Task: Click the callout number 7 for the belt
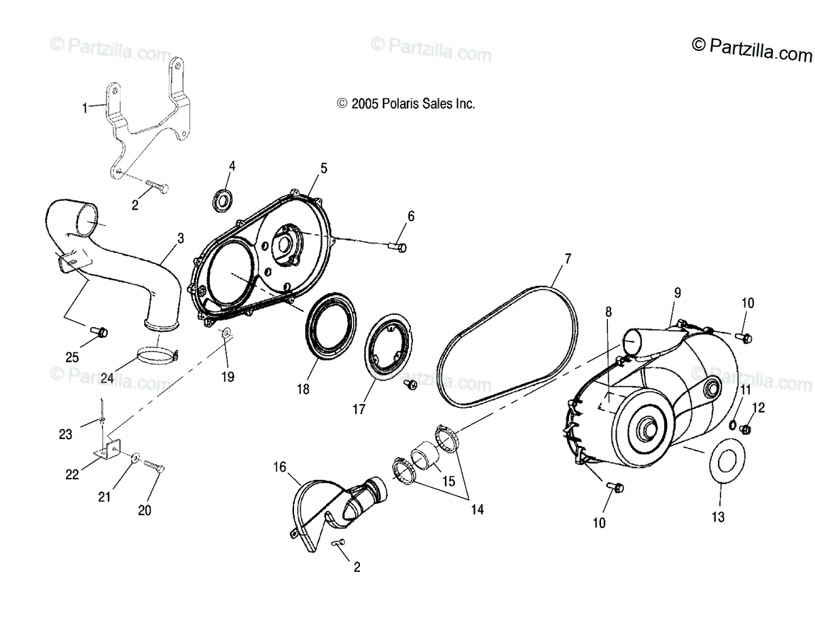pyautogui.click(x=567, y=259)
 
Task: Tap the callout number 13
pyautogui.click(x=718, y=517)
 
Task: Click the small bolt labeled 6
pyautogui.click(x=399, y=246)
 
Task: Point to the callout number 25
pyautogui.click(x=71, y=357)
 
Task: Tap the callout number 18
pyautogui.click(x=302, y=389)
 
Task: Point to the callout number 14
pyautogui.click(x=477, y=510)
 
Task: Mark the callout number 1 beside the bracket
pyautogui.click(x=85, y=108)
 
